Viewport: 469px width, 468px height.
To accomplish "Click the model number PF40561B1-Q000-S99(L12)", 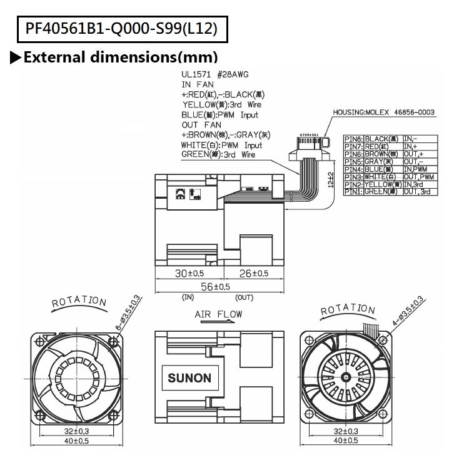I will pos(123,28).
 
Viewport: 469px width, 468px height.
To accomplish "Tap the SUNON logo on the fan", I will pos(189,378).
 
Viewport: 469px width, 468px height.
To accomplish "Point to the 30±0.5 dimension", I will pos(189,272).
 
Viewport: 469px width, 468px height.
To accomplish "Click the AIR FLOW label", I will pos(218,314).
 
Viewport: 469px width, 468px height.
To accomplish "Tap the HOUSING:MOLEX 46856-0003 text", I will pos(383,112).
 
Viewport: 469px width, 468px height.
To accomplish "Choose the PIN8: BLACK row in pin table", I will pos(388,138).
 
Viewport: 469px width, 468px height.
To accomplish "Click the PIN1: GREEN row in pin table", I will pos(388,191).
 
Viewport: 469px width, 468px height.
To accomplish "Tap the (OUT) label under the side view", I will pos(245,297).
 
